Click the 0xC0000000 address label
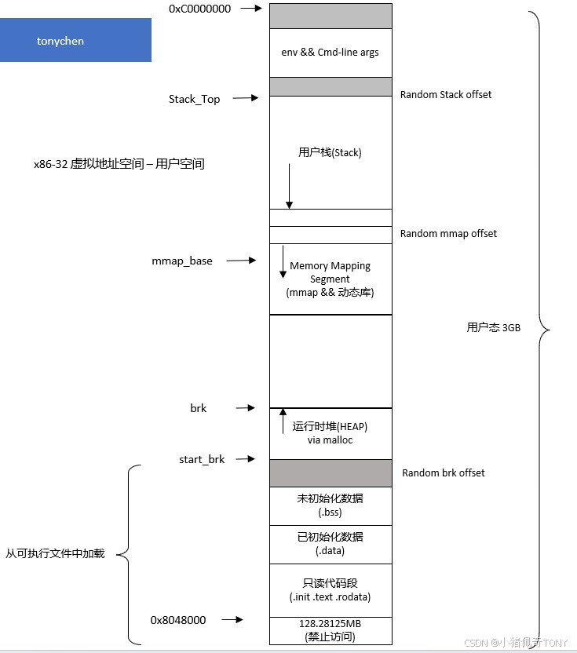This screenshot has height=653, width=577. click(x=199, y=8)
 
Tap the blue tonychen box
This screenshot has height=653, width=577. click(x=75, y=40)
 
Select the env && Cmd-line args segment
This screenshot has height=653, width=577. click(x=330, y=53)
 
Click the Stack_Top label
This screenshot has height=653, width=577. click(x=194, y=99)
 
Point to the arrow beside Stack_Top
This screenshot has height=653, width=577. click(x=245, y=98)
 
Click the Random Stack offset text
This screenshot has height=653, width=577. click(x=446, y=94)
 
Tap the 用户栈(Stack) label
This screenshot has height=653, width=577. click(x=330, y=152)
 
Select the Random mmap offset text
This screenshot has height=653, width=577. click(x=448, y=233)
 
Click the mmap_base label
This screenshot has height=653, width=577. click(x=182, y=261)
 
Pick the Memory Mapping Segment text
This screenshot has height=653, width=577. click(x=330, y=272)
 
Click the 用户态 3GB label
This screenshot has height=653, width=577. click(x=493, y=328)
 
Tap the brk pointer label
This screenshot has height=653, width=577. click(x=198, y=408)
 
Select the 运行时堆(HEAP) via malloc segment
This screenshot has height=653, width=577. click(x=330, y=433)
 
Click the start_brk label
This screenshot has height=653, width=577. click(x=202, y=459)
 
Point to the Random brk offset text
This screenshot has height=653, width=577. click(x=444, y=472)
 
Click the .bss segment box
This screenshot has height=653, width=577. click(x=330, y=505)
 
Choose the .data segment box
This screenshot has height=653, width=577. click(x=330, y=544)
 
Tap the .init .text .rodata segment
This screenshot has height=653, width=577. click(x=330, y=590)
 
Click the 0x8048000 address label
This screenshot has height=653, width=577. click(x=178, y=620)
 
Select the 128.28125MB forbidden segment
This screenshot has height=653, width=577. click(x=330, y=630)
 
